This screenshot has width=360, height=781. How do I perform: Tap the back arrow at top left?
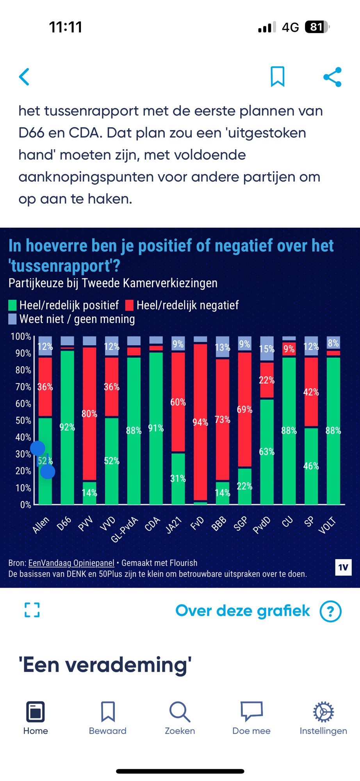click(x=24, y=77)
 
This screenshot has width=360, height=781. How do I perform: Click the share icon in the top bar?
click(x=333, y=77)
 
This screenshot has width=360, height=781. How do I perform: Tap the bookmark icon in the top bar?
click(x=278, y=77)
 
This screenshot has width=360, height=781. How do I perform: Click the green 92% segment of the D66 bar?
click(x=67, y=427)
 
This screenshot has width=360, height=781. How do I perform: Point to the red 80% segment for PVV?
click(x=89, y=414)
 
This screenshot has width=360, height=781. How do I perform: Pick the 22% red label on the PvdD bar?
click(x=267, y=380)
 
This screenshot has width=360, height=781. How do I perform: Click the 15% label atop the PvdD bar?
click(x=267, y=349)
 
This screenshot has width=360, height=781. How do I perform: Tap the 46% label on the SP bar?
click(x=311, y=466)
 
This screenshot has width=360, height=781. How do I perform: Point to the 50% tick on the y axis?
click(x=23, y=421)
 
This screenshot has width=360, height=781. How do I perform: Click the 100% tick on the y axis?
click(x=21, y=336)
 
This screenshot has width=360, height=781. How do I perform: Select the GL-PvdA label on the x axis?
click(x=125, y=530)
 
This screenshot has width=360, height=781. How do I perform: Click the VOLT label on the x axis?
click(x=327, y=525)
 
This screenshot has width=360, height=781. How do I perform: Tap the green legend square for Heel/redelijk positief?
click(x=12, y=305)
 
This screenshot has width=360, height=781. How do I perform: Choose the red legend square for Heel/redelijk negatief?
click(x=129, y=305)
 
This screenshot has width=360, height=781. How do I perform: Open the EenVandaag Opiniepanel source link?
click(x=71, y=563)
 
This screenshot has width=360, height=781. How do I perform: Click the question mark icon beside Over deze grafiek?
click(x=330, y=611)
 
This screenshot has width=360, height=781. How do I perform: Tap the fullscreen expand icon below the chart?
click(x=32, y=610)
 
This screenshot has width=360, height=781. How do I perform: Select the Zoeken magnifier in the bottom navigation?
click(x=180, y=712)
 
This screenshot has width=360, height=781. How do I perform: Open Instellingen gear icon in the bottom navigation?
click(x=323, y=712)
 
